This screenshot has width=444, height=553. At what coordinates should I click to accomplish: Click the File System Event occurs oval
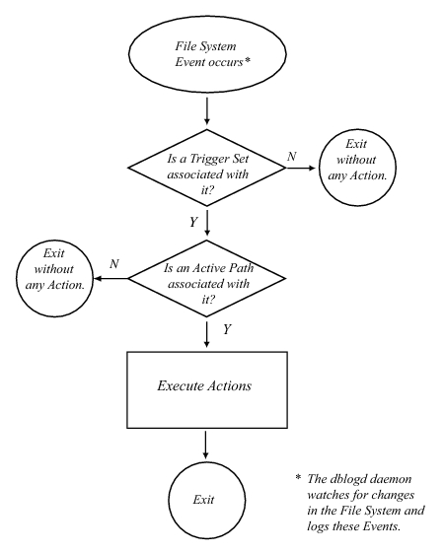(207, 54)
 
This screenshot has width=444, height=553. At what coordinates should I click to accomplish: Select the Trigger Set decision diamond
(207, 168)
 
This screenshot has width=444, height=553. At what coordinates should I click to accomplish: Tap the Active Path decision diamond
(207, 279)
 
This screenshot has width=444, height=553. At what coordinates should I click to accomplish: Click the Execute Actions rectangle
(207, 389)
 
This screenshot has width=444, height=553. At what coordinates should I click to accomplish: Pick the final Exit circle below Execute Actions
(206, 500)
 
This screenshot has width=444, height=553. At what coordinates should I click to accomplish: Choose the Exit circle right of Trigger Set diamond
(357, 168)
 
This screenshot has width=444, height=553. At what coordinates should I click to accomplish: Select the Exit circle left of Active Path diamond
(54, 278)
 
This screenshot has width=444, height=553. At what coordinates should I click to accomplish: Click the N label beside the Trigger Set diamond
(291, 156)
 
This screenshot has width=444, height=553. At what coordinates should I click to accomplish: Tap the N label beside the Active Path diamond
(114, 263)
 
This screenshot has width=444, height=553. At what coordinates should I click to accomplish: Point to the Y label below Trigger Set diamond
(193, 222)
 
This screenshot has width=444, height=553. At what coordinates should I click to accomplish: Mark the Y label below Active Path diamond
(227, 329)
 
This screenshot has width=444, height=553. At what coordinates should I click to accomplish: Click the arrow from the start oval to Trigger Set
(207, 110)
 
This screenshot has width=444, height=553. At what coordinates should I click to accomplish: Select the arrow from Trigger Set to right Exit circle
(300, 168)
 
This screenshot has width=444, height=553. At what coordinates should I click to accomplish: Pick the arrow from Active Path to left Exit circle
(111, 279)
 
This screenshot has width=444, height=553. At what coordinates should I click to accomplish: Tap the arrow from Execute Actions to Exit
(205, 445)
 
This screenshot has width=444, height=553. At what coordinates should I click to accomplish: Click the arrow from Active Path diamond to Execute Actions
(207, 333)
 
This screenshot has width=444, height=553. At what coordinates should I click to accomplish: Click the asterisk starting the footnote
(298, 477)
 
